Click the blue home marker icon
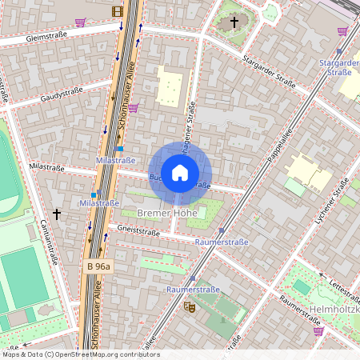[x=180, y=172]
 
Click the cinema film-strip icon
[x=118, y=11]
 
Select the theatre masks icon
[x=190, y=306]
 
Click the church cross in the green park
[x=234, y=22]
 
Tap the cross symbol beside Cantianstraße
[x=56, y=214]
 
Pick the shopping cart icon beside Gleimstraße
[x=80, y=22]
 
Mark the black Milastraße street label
[x=45, y=166]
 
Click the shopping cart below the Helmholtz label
[x=318, y=330]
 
